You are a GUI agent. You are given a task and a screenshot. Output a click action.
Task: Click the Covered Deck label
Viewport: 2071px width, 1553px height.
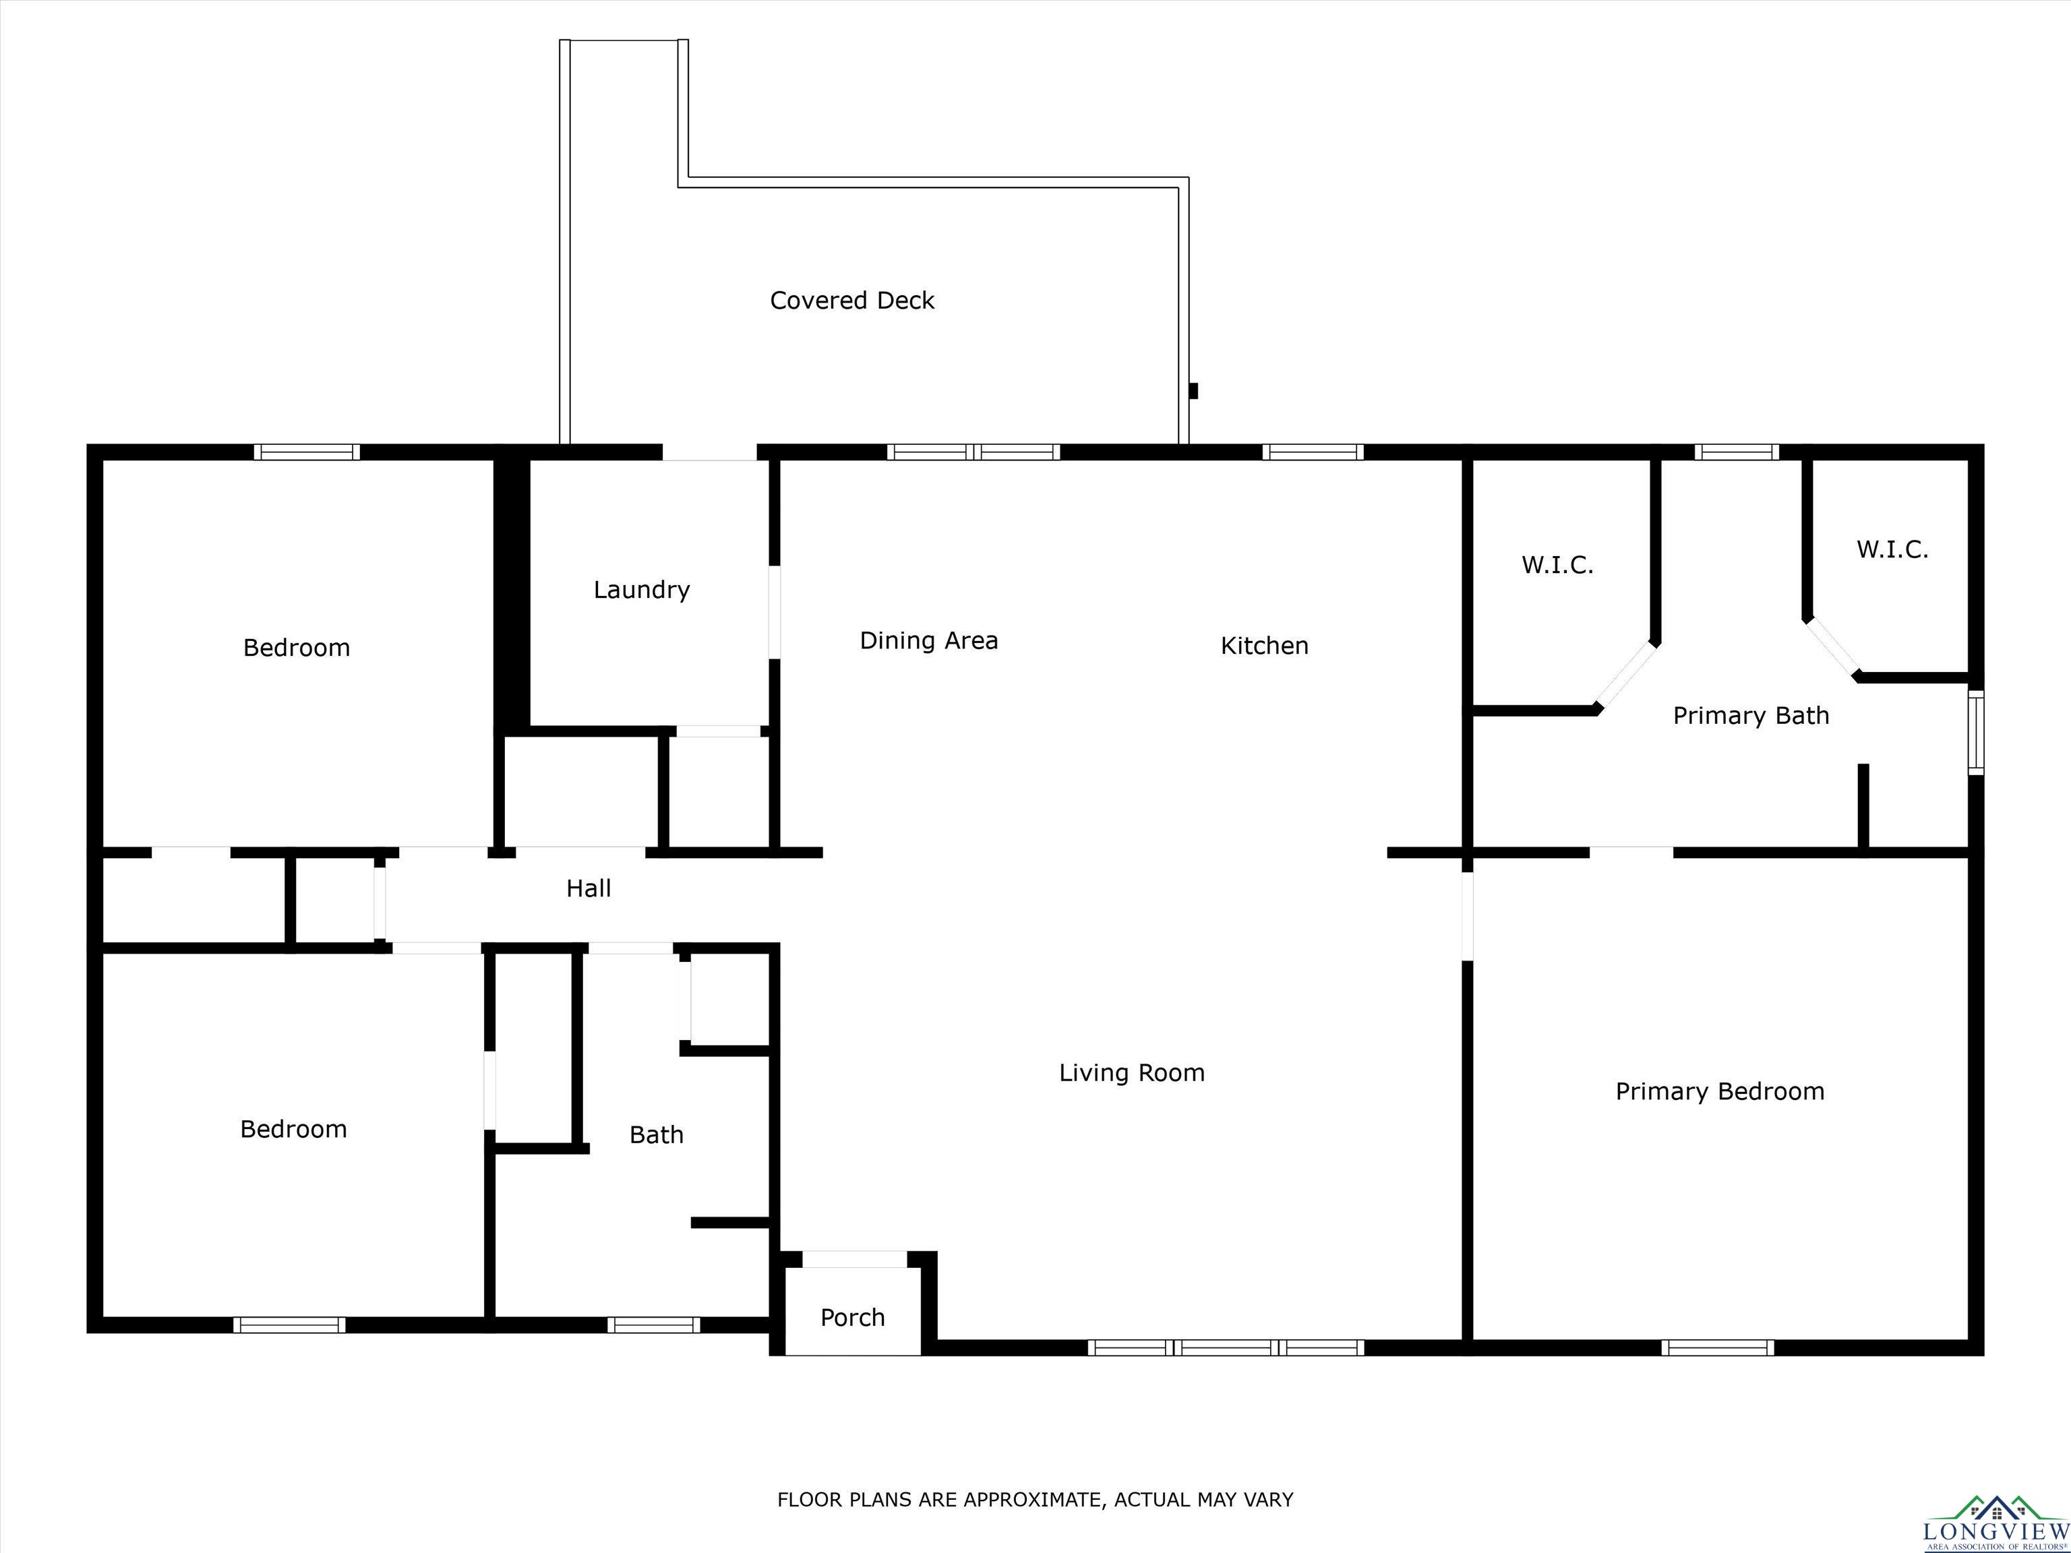(852, 301)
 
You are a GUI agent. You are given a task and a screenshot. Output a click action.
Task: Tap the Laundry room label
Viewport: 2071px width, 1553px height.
(641, 590)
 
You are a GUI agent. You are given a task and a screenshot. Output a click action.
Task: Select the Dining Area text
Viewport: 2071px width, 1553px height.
(929, 641)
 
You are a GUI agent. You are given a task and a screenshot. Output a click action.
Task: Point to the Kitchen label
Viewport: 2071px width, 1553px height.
(1264, 646)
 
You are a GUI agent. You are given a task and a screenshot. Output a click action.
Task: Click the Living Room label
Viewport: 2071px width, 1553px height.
(1132, 1073)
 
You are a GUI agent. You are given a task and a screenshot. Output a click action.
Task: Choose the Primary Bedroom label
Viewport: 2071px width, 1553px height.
(1720, 1091)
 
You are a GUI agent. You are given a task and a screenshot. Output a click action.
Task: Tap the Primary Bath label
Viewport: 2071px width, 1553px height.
(1751, 716)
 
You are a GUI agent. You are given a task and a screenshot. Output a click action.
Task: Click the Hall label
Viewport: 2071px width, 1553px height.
(588, 888)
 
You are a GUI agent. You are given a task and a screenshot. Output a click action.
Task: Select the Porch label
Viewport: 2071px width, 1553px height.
(852, 1318)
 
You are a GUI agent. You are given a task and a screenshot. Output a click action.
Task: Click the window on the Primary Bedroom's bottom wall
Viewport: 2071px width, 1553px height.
(1718, 1348)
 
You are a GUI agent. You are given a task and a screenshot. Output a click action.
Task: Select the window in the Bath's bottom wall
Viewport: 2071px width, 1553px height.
(653, 1324)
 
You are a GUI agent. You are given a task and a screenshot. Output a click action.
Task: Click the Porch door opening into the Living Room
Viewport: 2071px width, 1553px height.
(855, 1259)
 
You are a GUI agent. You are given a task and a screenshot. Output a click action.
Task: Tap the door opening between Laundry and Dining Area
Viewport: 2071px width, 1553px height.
(775, 611)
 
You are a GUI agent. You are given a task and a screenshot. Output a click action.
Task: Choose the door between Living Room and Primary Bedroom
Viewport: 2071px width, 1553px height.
(1467, 915)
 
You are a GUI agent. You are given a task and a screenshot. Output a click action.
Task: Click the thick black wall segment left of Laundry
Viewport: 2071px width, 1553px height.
(511, 592)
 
